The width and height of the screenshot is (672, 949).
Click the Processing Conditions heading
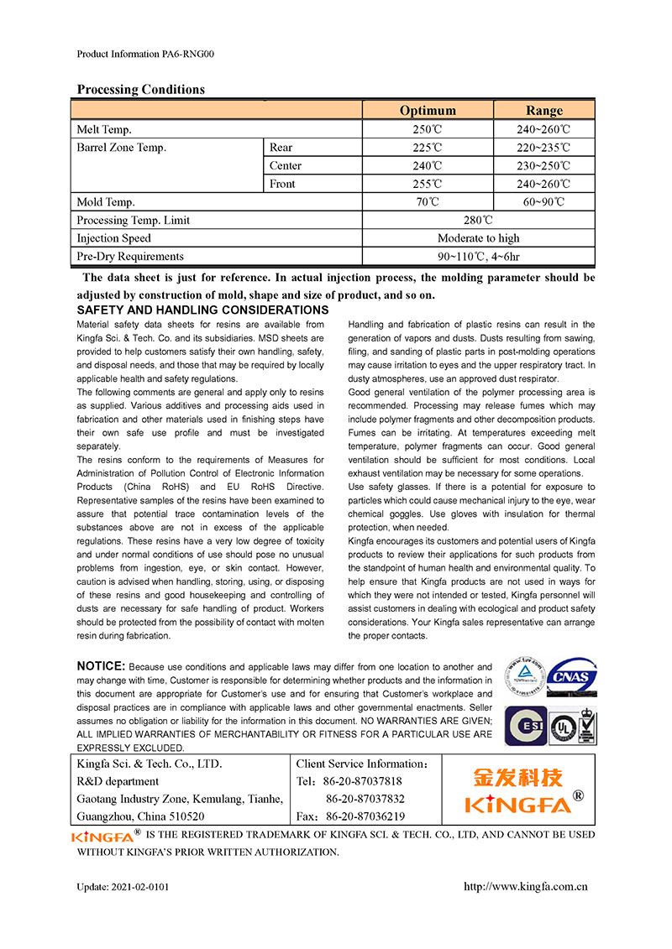(140, 90)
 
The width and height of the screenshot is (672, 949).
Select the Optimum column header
(428, 111)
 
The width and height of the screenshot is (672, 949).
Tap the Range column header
(544, 111)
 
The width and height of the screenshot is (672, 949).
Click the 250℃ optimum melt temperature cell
(428, 130)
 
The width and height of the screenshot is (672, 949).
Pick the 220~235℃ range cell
(544, 148)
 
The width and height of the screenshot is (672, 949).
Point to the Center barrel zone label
(286, 166)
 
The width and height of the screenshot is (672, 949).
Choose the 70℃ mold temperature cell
(428, 202)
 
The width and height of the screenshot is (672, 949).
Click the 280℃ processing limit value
(478, 221)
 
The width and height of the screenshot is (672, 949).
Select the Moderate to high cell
(478, 238)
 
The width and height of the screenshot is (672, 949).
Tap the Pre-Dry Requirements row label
(130, 257)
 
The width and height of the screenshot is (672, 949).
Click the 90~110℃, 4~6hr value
(478, 257)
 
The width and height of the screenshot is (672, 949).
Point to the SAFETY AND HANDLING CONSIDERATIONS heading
(202, 310)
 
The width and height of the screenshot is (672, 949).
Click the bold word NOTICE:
(101, 666)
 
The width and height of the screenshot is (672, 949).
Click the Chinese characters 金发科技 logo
(518, 777)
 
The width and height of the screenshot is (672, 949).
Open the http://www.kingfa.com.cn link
(526, 886)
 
